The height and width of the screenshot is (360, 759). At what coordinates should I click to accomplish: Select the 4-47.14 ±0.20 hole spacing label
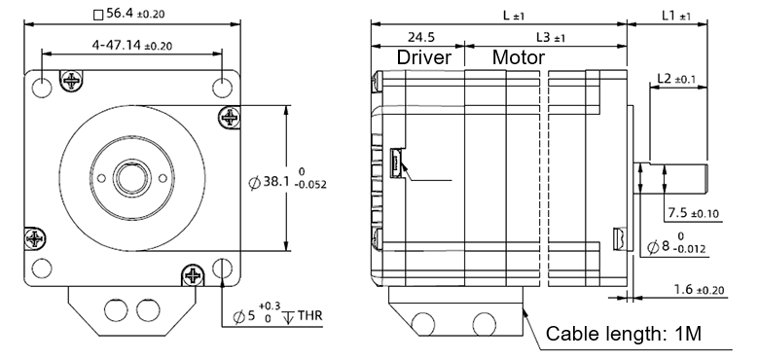131,46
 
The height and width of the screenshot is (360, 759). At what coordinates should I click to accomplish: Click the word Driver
424,57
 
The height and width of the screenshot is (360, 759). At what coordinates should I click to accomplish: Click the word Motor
519,57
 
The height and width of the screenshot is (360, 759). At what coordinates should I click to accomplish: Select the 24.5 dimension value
420,37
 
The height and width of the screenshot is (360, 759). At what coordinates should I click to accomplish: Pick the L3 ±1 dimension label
551,37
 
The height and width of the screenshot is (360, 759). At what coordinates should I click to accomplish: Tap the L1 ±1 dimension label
676,16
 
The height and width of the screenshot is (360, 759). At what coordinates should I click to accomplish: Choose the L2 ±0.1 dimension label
676,79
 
